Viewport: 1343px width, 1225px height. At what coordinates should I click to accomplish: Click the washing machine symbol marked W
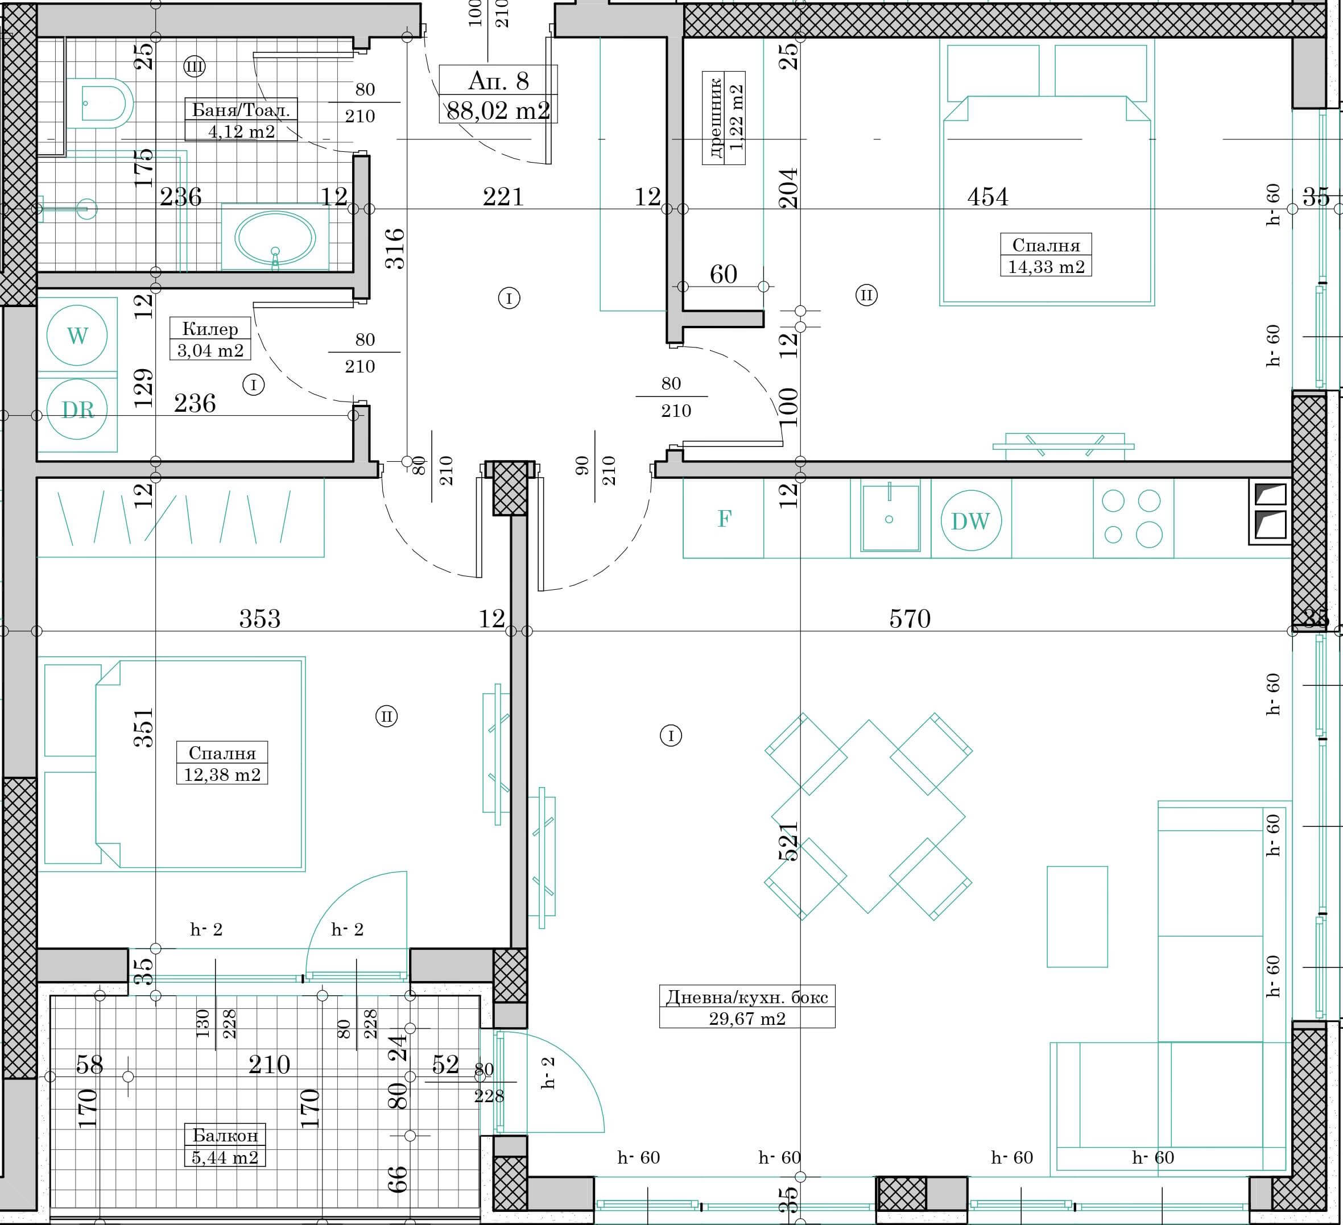77,335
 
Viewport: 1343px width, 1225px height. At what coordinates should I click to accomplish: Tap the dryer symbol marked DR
77,409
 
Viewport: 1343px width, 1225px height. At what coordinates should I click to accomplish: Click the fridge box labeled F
724,518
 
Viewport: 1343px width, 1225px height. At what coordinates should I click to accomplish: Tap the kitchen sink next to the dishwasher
890,518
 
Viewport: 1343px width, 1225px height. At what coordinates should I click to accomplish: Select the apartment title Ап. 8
498,81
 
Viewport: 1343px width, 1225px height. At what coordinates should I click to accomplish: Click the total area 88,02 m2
498,110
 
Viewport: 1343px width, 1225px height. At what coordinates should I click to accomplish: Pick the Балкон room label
225,1135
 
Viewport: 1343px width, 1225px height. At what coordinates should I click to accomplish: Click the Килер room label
210,328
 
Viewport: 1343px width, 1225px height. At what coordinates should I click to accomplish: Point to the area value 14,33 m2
1046,267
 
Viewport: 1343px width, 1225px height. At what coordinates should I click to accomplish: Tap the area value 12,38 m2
222,775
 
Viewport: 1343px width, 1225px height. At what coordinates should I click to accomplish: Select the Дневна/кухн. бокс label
747,997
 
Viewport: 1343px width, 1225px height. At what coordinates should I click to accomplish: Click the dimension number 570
910,619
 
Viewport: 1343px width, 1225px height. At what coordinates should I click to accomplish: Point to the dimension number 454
987,197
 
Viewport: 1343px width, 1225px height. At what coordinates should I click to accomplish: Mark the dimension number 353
260,619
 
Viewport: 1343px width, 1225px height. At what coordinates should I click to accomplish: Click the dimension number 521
788,841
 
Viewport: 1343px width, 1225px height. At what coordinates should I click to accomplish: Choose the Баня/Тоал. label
241,110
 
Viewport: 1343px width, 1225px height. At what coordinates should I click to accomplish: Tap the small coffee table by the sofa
1077,917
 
